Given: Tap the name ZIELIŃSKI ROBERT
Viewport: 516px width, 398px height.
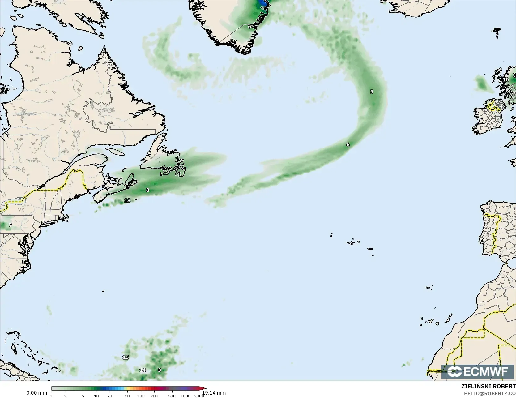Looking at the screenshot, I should click(x=488, y=386).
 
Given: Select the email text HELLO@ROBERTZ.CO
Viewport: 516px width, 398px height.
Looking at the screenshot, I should click(x=490, y=393).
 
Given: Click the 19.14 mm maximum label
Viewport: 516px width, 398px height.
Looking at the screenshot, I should click(x=214, y=393).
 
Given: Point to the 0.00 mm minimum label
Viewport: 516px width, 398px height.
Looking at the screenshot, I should click(x=36, y=393).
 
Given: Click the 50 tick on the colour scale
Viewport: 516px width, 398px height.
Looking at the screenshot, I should click(x=127, y=396).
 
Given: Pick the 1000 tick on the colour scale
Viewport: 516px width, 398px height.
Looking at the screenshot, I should click(x=186, y=396).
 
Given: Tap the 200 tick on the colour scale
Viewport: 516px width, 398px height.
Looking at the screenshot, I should click(x=155, y=396).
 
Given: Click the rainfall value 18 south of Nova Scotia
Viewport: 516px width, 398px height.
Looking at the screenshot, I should click(x=127, y=200).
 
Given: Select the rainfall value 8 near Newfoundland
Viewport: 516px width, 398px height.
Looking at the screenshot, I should click(x=147, y=190).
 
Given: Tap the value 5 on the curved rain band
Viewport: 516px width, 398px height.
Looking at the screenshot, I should click(x=372, y=92).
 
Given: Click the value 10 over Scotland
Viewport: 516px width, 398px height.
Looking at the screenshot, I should click(x=506, y=79).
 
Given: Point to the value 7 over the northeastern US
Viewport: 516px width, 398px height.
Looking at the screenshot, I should click(x=10, y=225).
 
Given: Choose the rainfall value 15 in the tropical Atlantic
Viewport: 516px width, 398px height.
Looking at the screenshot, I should click(x=126, y=357).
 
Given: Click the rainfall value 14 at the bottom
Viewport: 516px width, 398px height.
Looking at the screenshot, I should click(x=143, y=370).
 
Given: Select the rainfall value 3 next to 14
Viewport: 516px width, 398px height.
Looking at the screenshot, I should click(x=159, y=370).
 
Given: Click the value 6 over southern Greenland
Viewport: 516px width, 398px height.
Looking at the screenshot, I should click(x=249, y=27).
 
